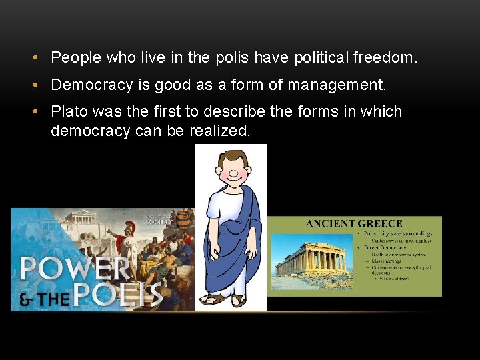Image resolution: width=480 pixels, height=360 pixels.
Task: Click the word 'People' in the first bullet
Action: pos(75,58)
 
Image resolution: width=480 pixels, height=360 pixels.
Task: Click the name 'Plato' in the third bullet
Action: pos(69,112)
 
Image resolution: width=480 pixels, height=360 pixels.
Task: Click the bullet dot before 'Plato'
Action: pos(34,112)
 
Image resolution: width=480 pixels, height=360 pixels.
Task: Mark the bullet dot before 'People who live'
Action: pos(34,58)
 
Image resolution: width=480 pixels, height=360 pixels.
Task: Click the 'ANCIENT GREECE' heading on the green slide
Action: pos(354,224)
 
